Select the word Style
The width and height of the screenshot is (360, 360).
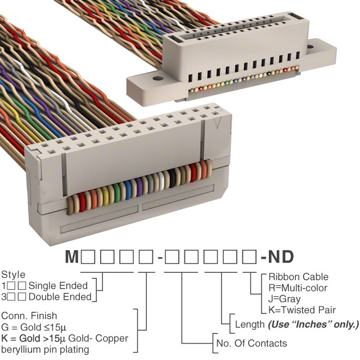click(13, 275)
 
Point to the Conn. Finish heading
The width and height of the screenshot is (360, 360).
click(30, 316)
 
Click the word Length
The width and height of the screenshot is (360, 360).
click(249, 325)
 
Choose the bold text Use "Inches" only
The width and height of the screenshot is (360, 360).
click(313, 325)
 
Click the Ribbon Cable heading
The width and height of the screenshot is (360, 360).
click(298, 277)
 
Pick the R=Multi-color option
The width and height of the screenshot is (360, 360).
click(300, 288)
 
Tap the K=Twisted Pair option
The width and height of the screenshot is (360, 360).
click(302, 310)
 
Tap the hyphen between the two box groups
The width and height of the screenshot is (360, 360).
click(160, 258)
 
